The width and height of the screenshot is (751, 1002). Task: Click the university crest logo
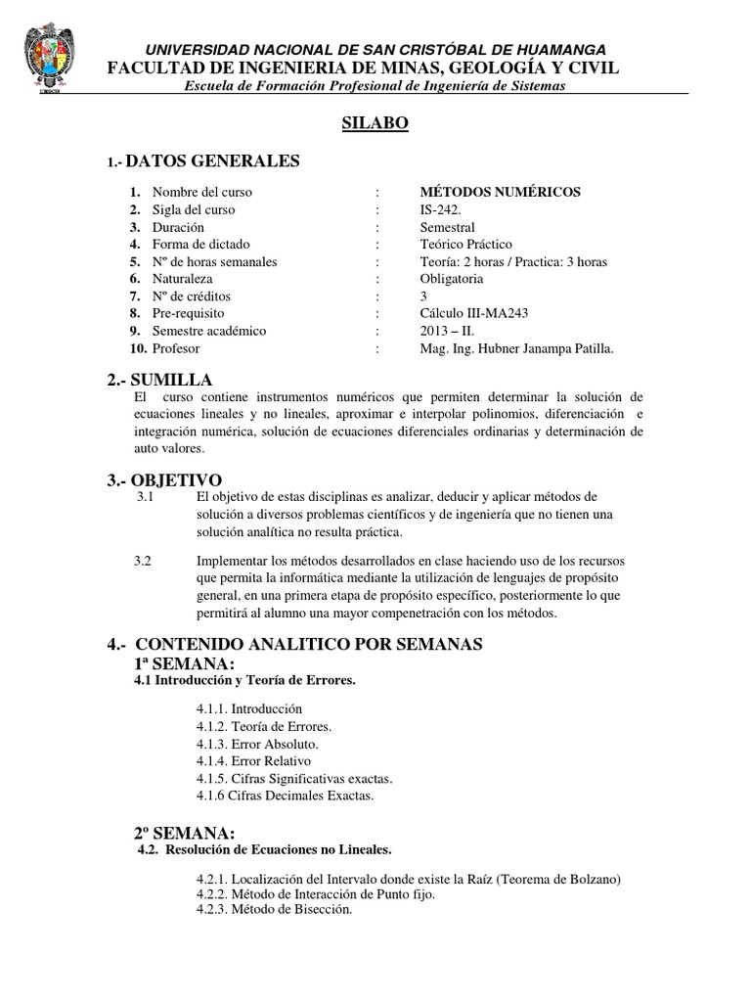point(48,60)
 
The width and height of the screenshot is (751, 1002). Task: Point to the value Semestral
point(447,227)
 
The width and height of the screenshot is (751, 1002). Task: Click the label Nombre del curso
point(201,192)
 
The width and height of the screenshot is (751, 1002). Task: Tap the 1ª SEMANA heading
point(184,665)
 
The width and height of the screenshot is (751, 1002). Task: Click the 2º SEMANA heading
point(184,833)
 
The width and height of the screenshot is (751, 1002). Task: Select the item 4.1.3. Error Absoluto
point(257,744)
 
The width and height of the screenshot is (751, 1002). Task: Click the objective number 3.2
point(143,561)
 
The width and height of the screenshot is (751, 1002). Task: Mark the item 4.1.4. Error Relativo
point(253,761)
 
